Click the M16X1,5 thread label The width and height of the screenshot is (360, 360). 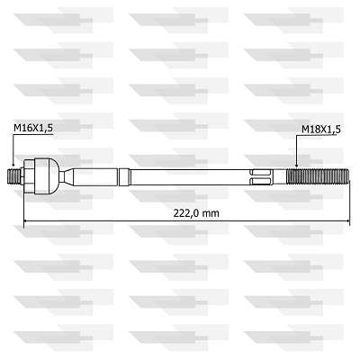click(33, 128)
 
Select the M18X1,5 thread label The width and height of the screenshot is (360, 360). click(321, 130)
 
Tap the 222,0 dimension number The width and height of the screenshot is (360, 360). click(186, 213)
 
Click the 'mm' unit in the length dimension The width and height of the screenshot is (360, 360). click(211, 214)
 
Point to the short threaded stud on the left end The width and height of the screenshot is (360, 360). click(13, 177)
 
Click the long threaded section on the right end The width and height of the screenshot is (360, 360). click(318, 177)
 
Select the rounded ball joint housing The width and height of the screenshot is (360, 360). click(48, 176)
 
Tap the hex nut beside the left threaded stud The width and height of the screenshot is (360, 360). click(29, 176)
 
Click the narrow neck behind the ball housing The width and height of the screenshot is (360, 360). click(62, 176)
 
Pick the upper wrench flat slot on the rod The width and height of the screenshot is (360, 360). click(261, 173)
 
